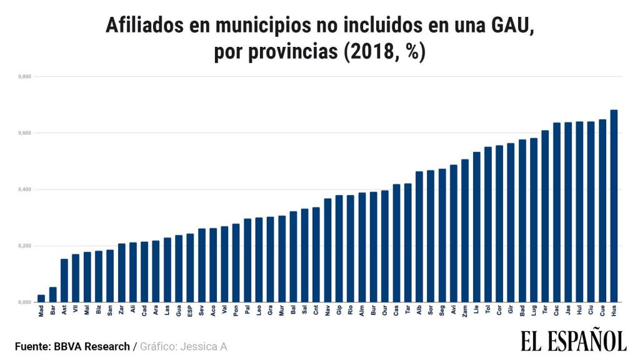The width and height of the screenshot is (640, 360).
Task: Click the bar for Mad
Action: click(41, 298)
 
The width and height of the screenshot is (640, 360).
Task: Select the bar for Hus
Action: click(614, 206)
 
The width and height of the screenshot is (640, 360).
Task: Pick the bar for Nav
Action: click(327, 250)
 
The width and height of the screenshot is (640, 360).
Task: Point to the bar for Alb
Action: click(419, 236)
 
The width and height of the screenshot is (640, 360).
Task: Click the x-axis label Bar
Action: click(53, 310)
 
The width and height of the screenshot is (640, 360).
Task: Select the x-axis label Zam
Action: click(465, 310)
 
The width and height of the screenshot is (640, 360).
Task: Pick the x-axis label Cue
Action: click(602, 310)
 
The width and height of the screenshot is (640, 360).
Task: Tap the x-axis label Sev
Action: click(201, 310)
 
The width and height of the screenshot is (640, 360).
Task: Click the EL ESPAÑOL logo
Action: click(573, 341)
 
